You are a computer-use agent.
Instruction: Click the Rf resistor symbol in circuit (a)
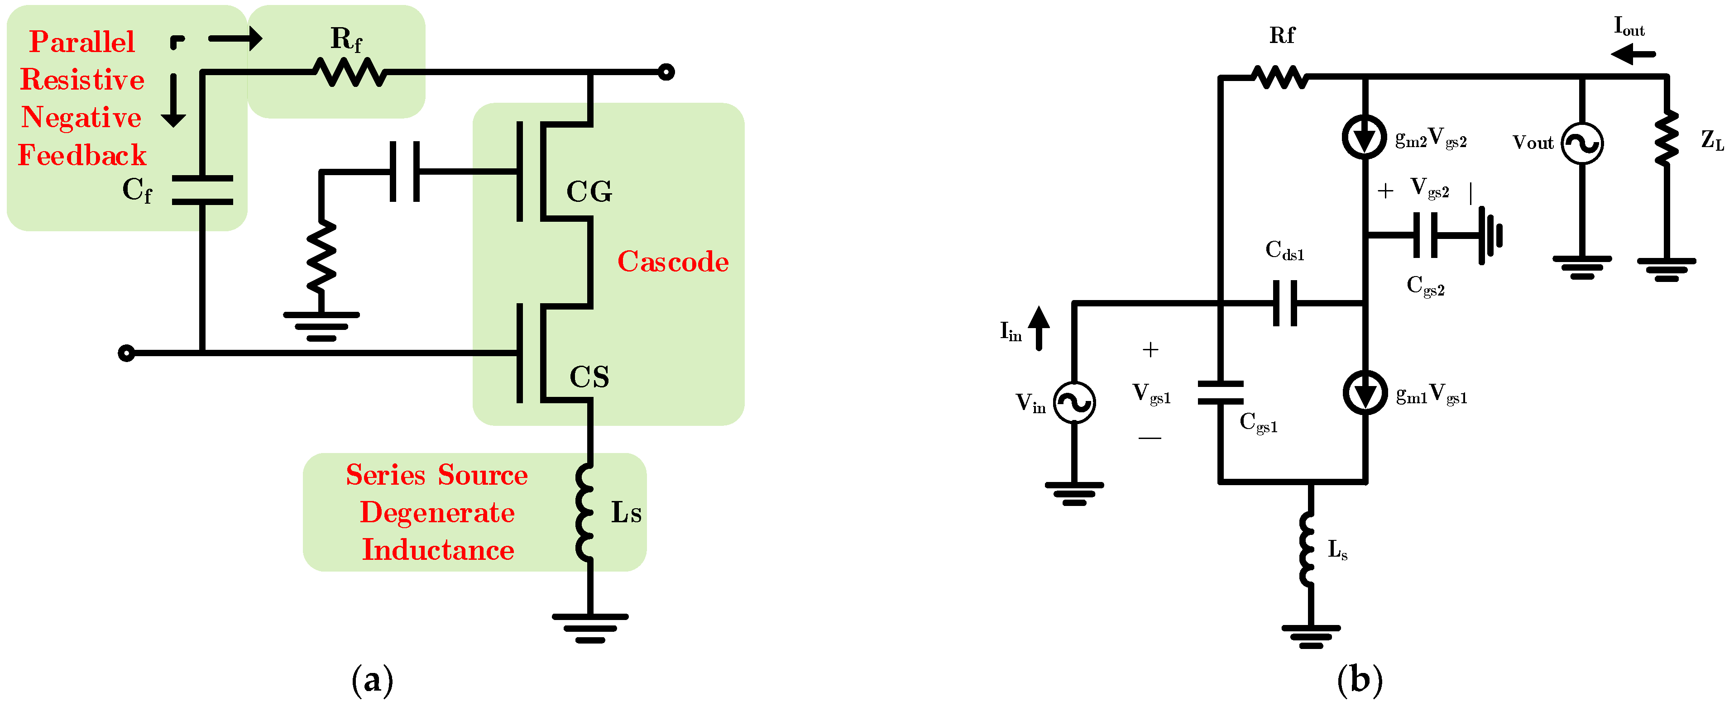coord(350,72)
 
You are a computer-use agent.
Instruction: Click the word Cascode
coord(672,262)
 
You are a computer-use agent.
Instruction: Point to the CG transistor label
coord(589,192)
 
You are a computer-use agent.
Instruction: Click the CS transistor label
coord(589,377)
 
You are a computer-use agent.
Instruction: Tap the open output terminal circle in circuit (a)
coord(666,72)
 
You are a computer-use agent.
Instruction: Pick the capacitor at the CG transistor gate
coord(405,172)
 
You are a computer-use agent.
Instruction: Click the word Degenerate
coord(437,513)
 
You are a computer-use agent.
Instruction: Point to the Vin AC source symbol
coord(1073,402)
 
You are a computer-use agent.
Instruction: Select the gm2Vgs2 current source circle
coord(1365,137)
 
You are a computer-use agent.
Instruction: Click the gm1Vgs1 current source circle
coord(1365,392)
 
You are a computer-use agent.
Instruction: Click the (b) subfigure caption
coord(1359,680)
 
